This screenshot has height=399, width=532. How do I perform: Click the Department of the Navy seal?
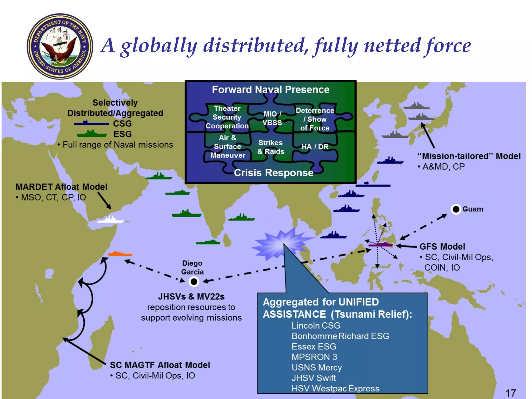coord(60,46)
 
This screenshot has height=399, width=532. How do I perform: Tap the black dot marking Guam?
coord(456,209)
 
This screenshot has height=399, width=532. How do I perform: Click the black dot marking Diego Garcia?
coord(194,281)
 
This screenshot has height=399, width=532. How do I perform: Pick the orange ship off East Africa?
coord(120,254)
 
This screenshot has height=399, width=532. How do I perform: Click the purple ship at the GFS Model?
coord(381,245)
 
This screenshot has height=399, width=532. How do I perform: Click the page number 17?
coord(511,393)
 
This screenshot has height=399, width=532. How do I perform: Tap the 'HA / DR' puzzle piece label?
coord(315,147)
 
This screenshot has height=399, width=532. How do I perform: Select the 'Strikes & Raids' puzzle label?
coord(271,147)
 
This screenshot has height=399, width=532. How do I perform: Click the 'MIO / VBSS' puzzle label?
coord(272,118)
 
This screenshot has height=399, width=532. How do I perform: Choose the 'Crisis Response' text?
coord(274,173)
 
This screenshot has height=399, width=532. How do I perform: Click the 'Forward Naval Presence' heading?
coord(270,90)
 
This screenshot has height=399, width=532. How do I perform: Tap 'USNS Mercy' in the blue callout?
coord(316,368)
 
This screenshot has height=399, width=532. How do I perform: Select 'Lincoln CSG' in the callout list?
coord(316,325)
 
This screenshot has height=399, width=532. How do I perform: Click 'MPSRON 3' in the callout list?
coord(314,357)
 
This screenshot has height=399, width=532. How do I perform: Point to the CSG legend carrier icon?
coord(91,123)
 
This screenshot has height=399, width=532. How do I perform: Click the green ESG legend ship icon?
coord(92,134)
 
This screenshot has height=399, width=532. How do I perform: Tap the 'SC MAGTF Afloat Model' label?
coord(160,365)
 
